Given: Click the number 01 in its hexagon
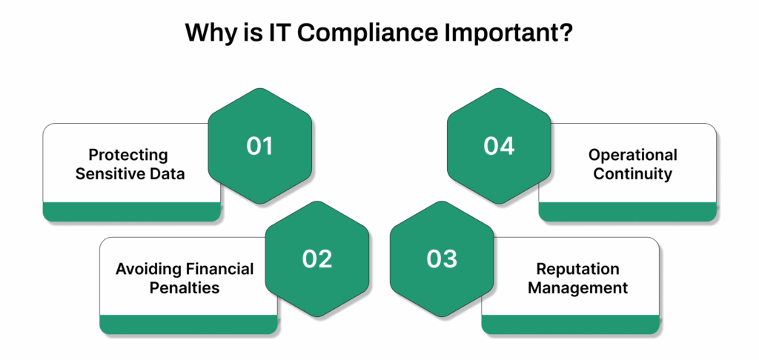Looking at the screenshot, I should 259,146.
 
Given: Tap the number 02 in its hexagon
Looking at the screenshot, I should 316,259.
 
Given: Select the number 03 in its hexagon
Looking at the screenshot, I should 442,259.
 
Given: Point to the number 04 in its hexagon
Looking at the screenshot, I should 499,146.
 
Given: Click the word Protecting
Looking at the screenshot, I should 128,156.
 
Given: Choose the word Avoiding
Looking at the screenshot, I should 145,269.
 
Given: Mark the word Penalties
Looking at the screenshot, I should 185,287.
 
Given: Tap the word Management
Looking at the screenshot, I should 577,287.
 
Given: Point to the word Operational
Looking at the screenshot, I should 633,156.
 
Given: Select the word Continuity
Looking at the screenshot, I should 633,174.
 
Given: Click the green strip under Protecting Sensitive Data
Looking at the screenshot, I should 132,212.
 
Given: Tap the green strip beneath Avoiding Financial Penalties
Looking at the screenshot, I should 188,324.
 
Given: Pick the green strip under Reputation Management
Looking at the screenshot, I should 570,324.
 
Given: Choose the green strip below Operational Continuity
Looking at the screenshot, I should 627,212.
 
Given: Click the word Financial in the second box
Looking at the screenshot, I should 216,269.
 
